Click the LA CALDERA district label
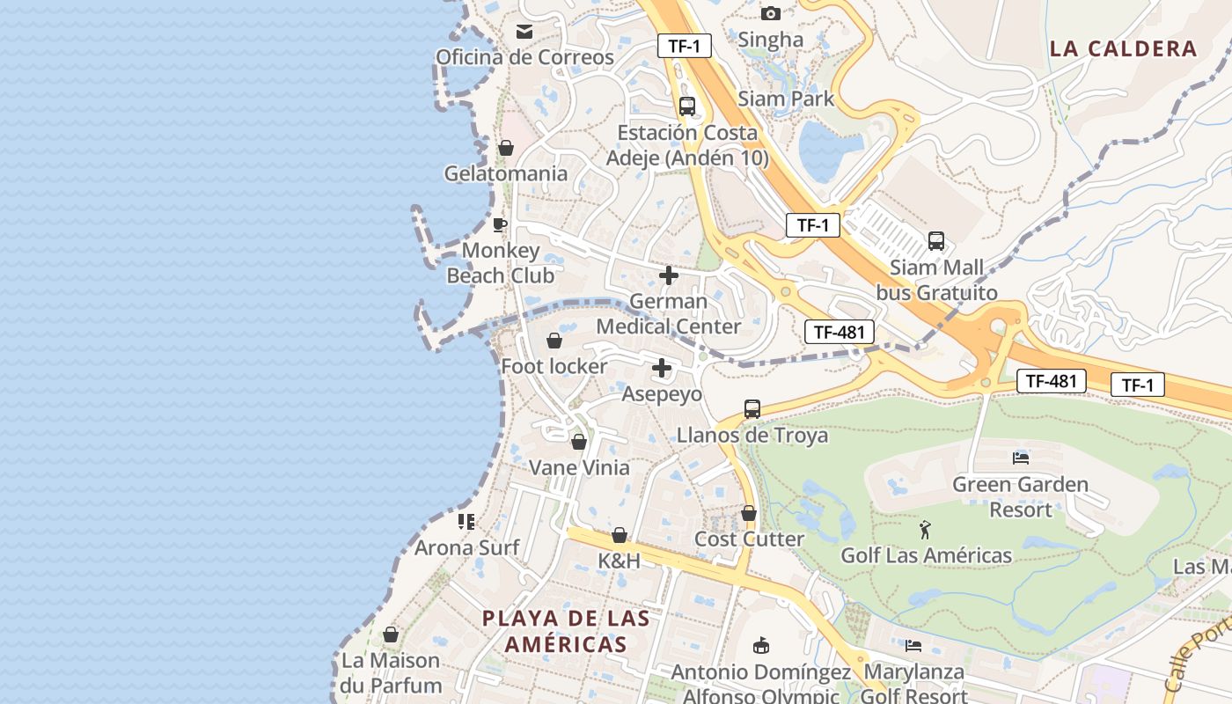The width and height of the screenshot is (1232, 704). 1124,48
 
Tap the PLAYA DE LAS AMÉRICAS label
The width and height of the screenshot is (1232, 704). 566,631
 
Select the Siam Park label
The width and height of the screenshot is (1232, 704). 786,99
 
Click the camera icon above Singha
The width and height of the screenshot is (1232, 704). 771,13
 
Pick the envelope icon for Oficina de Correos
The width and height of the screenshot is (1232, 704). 524,32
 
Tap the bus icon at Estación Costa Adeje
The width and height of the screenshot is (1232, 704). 687,106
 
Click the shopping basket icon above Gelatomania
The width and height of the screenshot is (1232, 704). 506,148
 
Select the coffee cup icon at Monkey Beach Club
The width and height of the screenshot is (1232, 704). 500,224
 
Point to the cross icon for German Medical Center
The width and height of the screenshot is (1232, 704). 669,275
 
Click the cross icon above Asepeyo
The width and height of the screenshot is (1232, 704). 662,369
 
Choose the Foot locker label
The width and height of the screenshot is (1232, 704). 554,366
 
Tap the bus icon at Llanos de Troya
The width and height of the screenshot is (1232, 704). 752,409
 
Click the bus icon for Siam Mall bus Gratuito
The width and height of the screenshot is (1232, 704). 936,241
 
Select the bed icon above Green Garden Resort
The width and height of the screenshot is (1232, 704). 1021,458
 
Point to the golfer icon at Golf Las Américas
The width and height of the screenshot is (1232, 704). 925,530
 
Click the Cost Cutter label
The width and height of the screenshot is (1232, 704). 750,539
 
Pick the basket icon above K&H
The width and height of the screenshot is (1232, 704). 620,535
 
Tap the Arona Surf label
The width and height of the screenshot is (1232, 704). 467,547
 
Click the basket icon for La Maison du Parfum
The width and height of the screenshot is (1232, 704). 391,634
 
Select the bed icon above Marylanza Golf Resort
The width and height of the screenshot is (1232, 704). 913,646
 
